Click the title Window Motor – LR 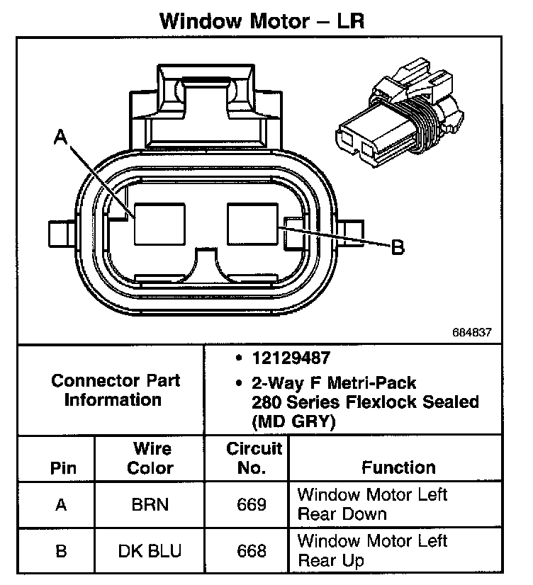(x=262, y=20)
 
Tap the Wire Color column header (x=152, y=458)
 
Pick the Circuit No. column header (x=253, y=458)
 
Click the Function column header (x=398, y=467)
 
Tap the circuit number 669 (x=252, y=505)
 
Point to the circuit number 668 (x=252, y=551)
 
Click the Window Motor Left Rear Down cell (x=372, y=504)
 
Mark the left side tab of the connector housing (x=60, y=232)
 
